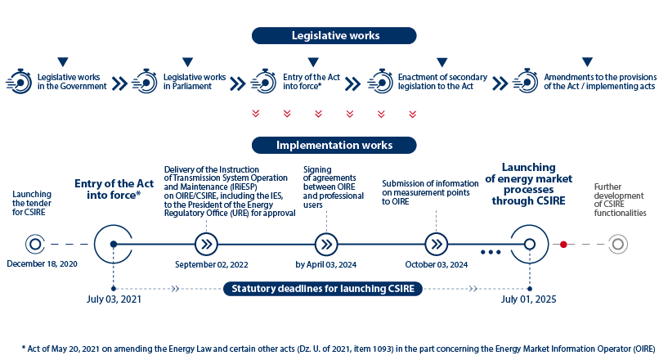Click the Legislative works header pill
pos(334,36)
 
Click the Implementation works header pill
pos(334,145)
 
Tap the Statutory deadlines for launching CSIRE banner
pos(323,289)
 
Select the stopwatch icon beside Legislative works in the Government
pos(20,81)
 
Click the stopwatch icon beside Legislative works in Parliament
pos(145,81)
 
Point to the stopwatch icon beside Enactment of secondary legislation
pos(380,81)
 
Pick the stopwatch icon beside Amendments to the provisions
pos(526,81)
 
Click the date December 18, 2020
pos(42,264)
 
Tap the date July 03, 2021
pos(114,299)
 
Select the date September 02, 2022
pos(212,264)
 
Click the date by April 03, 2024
pos(325,264)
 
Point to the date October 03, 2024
pos(437,264)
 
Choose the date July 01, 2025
pos(529,299)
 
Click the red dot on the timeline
pos(563,245)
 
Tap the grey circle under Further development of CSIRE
pos(618,245)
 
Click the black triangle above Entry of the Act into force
pos(313,62)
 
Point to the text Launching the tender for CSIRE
pos(32,203)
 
